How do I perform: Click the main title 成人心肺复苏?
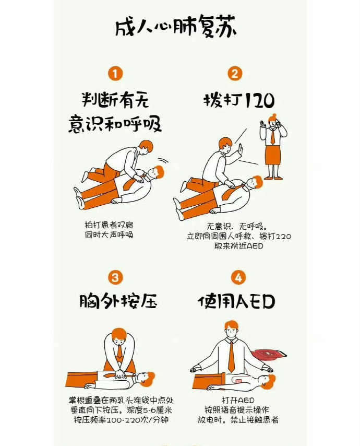point(176,27)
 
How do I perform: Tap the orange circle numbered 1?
point(115,74)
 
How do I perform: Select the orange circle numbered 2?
point(235,74)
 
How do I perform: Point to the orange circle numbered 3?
point(115,277)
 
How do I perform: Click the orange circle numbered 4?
point(238,277)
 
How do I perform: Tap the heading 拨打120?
point(239,100)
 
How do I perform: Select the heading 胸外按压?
point(118,301)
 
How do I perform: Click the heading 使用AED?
point(236,301)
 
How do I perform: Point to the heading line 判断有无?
point(115,100)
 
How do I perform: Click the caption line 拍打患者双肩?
point(109,225)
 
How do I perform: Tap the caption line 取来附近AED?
point(238,245)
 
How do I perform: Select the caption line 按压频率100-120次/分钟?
point(121,420)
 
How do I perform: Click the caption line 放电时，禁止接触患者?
point(238,420)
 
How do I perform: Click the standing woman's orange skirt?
point(273,155)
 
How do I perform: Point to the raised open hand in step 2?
point(240,149)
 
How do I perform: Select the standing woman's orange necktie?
point(273,136)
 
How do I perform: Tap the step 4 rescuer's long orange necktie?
point(232,357)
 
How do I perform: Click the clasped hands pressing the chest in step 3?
point(121,375)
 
